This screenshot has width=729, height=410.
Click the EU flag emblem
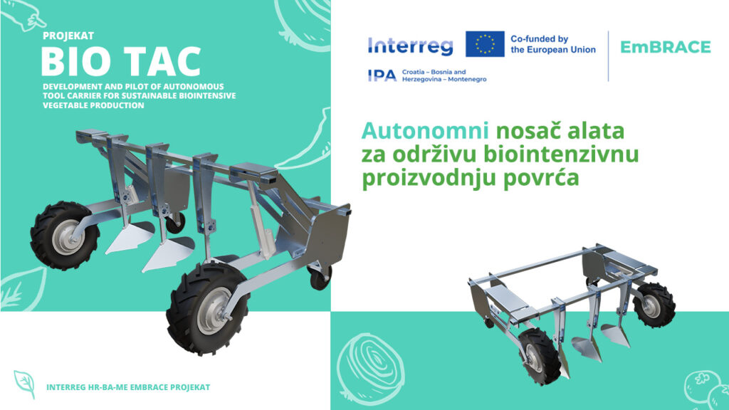coord(485,44)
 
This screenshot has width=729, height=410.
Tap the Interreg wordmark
coord(410,46)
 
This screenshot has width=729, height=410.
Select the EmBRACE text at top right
coord(666,47)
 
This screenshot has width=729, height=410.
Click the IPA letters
coord(382,75)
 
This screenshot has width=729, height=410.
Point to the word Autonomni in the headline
coord(425,131)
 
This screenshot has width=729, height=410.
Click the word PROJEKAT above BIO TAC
coord(68,36)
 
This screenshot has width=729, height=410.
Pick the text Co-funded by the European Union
coord(552,44)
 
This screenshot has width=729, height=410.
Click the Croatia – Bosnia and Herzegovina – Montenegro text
coord(444,75)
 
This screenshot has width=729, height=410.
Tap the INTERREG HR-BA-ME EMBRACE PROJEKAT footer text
coord(128,387)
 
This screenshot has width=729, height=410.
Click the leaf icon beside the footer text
coord(25,384)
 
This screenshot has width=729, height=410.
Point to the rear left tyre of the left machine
coord(64,236)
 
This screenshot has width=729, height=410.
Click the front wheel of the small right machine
coord(540,356)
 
